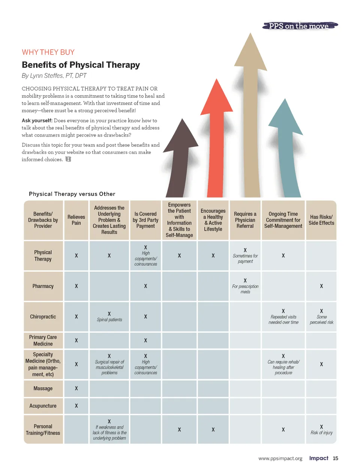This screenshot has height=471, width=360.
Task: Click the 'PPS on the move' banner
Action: click(300, 26)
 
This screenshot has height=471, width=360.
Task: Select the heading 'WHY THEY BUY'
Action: click(48, 52)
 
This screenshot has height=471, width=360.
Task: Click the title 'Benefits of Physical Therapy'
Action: click(81, 65)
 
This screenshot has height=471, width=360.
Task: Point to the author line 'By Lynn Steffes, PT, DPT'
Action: click(54, 76)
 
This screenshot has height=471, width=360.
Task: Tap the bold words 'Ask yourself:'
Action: click(37, 121)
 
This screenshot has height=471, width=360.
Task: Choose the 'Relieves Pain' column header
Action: click(76, 220)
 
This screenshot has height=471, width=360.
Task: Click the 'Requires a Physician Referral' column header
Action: click(245, 220)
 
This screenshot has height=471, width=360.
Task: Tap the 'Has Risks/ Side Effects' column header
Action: click(321, 220)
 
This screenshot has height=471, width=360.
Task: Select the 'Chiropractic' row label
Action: click(43, 317)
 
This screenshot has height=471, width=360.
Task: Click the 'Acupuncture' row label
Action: click(43, 406)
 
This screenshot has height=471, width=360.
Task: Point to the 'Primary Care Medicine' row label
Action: click(43, 340)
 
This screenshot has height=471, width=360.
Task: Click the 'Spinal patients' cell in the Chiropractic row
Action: click(109, 317)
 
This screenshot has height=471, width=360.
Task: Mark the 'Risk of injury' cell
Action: click(321, 430)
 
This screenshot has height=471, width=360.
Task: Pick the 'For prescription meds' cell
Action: click(245, 286)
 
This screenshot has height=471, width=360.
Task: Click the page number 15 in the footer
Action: click(336, 458)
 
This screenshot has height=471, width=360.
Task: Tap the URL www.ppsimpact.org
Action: click(280, 459)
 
